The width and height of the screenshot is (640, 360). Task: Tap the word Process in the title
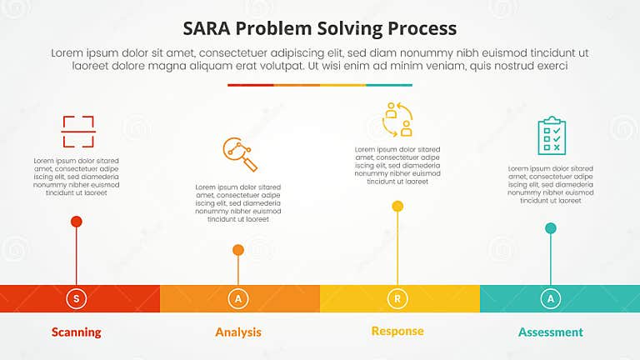coord(421,28)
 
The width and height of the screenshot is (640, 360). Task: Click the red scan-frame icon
coord(78,132)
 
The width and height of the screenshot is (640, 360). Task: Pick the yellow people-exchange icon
coord(397,119)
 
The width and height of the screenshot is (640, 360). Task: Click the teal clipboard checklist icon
coord(551,135)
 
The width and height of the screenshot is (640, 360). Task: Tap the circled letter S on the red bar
coord(77,298)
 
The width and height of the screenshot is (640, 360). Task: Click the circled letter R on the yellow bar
coord(397,298)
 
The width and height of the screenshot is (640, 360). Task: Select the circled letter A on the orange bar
coord(238,298)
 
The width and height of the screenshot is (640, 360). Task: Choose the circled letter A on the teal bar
coord(551,298)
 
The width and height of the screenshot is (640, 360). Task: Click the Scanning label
coord(77,332)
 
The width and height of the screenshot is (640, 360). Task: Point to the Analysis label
coord(238,332)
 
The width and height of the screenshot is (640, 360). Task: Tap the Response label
coord(397,331)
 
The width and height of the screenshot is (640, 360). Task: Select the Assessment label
coord(551,332)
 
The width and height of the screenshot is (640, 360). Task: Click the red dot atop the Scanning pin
coord(77,222)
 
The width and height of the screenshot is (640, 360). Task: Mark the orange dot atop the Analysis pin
coord(238,250)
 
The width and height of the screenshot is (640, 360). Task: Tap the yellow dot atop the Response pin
coord(397,207)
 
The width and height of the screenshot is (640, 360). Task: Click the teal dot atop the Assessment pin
coord(551,228)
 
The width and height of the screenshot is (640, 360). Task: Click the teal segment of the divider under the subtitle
coord(389,85)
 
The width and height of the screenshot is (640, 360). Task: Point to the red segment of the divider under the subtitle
coord(250,85)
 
